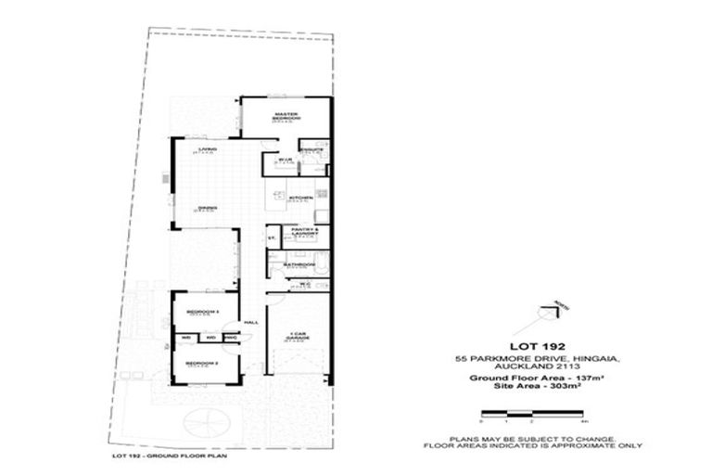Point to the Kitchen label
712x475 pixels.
299,198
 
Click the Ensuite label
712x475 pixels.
311,148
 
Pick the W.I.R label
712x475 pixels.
285,160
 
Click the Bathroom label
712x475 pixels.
299,264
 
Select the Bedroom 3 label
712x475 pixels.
201,311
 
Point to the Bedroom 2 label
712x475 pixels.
201,362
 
